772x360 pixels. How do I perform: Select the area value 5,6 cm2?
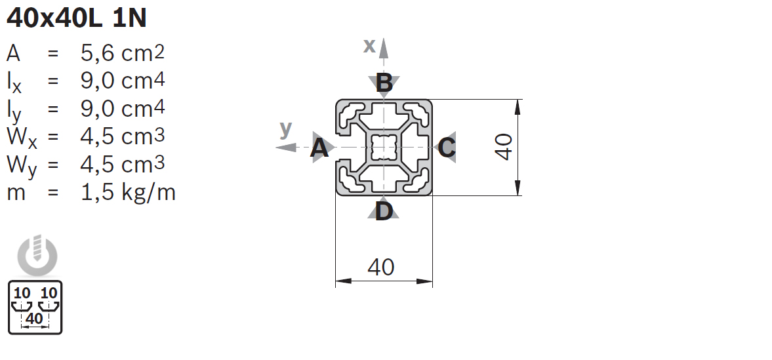[x=123, y=53]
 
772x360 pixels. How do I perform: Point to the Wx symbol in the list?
[x=22, y=138]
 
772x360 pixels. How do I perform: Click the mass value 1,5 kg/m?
[x=128, y=192]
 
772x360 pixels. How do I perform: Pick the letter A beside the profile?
[x=319, y=148]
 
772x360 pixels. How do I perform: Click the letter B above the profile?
[x=384, y=83]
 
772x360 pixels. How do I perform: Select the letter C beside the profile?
[x=447, y=148]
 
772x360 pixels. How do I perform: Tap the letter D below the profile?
[x=384, y=211]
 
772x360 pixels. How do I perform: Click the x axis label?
[x=369, y=46]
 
